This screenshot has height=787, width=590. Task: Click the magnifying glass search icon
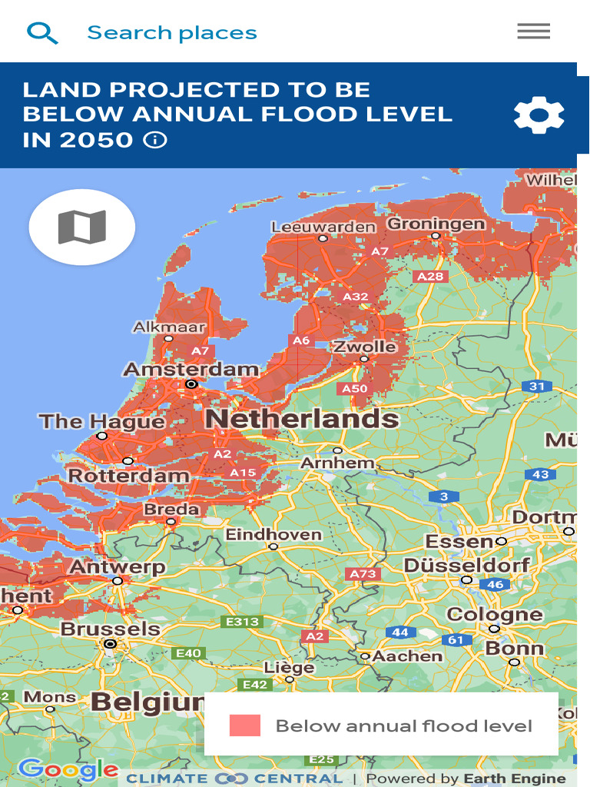coord(42,32)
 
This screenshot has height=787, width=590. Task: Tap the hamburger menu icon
coord(533,32)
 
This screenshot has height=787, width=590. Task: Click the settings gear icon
coord(539,115)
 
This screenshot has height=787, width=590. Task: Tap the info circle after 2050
coord(155,140)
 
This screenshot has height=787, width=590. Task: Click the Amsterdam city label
coord(191,370)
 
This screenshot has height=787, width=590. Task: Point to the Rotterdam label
coord(128,476)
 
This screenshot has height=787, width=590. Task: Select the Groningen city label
coord(436,224)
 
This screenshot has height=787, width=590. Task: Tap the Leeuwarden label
coord(323,227)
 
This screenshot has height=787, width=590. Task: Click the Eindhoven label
coord(273,534)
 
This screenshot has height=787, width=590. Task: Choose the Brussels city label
coord(110,629)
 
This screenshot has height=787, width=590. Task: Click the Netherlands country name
coord(302,419)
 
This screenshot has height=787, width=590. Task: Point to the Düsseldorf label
coord(466,566)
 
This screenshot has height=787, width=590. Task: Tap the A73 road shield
coord(363,574)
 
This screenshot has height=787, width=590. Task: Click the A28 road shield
coord(429,277)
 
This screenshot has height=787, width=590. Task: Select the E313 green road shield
coord(241,621)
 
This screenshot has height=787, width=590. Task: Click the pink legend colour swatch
coord(245,726)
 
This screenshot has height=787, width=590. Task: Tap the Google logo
coord(67,769)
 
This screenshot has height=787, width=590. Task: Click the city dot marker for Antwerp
coord(118,582)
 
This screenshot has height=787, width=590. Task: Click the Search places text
coord(172,33)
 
